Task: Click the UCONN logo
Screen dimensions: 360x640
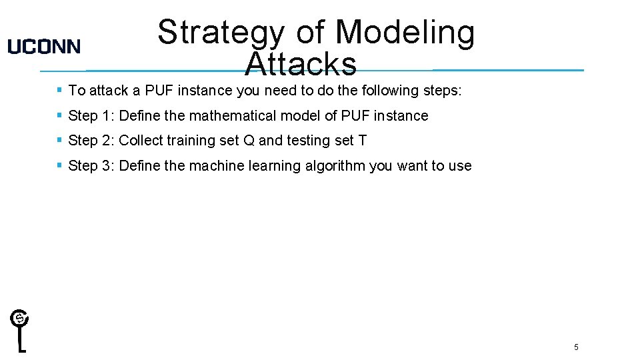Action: (x=44, y=47)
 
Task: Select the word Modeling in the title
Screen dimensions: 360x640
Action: (x=405, y=33)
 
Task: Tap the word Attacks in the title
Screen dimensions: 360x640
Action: (x=301, y=64)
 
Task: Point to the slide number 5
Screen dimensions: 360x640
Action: (x=576, y=347)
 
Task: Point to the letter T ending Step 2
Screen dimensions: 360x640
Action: (x=363, y=141)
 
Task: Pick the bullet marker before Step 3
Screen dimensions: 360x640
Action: (x=60, y=165)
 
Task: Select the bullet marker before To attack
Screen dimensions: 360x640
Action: (x=60, y=89)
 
